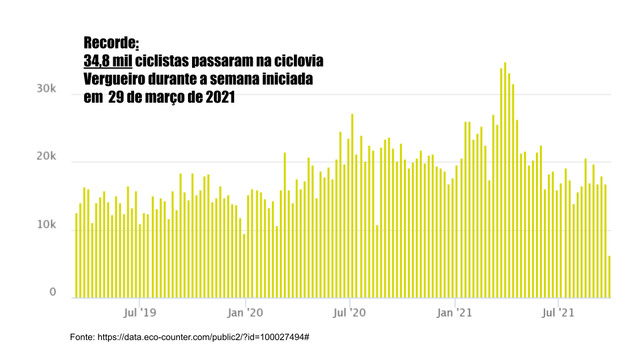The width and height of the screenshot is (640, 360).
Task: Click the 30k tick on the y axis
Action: pos(45,89)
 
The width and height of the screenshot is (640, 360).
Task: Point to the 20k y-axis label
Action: pos(45,157)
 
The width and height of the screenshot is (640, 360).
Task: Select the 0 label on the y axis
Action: pos(52,293)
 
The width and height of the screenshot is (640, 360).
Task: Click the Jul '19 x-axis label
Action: pos(140,311)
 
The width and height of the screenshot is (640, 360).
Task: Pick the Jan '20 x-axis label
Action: pos(245,311)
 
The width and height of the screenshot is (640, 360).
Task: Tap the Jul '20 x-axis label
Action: pos(349,311)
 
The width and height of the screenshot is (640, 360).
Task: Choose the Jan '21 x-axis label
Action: pos(454,311)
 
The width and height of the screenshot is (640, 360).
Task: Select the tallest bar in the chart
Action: pos(505,180)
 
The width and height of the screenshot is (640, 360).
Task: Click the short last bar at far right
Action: pos(609,277)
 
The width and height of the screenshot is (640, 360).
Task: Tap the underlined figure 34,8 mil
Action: pos(107,61)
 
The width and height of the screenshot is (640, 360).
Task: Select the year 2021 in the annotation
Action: pos(220,97)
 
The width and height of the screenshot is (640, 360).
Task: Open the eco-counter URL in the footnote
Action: pos(203,337)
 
